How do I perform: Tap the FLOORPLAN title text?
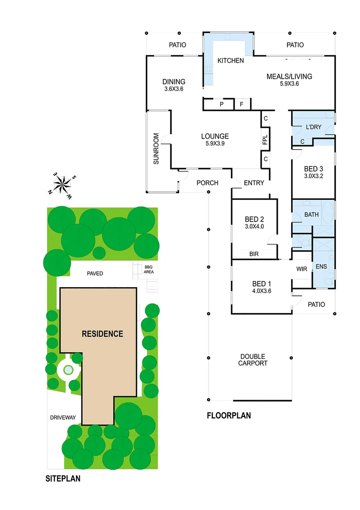coord(228,416)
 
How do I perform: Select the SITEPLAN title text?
coord(63,478)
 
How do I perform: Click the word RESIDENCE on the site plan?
coord(102,334)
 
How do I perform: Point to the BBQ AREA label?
coord(148,269)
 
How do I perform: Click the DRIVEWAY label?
coord(63,417)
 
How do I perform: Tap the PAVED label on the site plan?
coord(95,273)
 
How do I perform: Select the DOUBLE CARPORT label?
coord(253,360)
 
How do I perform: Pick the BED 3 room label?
coord(314,169)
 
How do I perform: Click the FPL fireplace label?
coord(265,141)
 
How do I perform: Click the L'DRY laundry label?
coord(313,127)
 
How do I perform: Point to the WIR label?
coord(302,269)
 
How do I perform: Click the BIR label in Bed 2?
coord(254,254)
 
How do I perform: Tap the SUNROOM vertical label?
coord(156,149)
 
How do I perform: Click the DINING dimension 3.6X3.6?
coord(174,89)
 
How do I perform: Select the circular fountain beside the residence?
coord(68,370)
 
